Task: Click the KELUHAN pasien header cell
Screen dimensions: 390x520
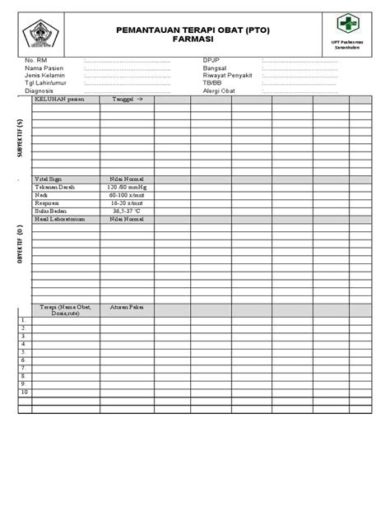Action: [59, 98]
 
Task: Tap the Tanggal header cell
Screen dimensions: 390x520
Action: [127, 98]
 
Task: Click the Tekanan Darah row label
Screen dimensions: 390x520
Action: [53, 188]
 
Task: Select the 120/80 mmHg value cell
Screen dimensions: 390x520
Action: [127, 188]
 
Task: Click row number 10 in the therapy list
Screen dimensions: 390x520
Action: [25, 392]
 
